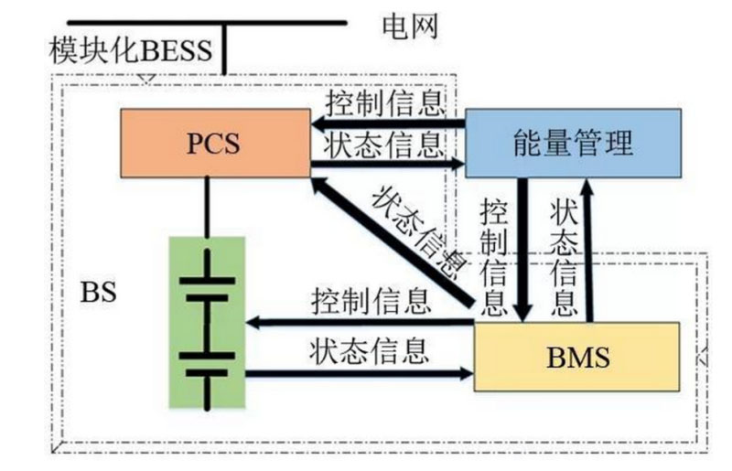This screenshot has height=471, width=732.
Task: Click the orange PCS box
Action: point(215,142)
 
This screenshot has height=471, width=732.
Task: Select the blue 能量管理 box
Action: point(573,142)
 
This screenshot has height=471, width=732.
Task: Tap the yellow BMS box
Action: point(576,356)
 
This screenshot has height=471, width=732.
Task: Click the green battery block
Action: point(208,321)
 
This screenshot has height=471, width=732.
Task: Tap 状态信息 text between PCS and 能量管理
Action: point(384,143)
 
